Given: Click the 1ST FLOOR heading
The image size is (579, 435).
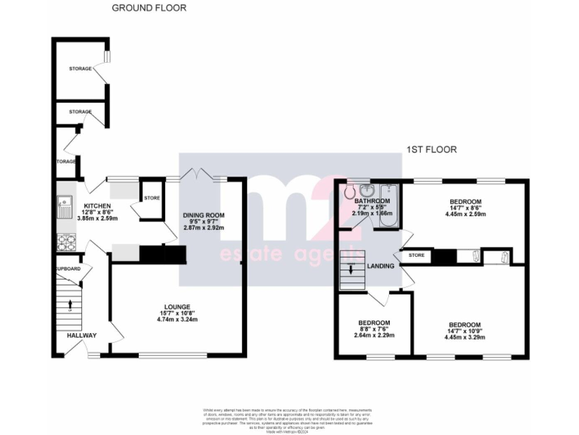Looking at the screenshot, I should tap(431, 150).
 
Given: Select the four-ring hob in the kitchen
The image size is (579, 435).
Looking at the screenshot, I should tap(64, 242).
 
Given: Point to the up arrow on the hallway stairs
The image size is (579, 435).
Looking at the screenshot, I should tap(70, 304).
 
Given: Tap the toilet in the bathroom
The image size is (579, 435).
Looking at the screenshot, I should tap(349, 192).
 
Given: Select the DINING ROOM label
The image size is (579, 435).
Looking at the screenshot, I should tap(203, 216).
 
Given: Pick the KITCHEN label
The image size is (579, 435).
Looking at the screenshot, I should tap(98, 206).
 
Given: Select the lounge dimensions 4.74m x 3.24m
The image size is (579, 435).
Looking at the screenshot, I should tap(177, 320).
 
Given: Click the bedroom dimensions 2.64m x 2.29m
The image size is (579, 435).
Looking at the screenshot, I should tap(374, 335).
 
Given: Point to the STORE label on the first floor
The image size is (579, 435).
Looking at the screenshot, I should tap(416, 256).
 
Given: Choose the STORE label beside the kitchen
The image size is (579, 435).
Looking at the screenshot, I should tap(152, 198).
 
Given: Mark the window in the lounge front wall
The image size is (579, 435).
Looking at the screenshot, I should tap(173, 355).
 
